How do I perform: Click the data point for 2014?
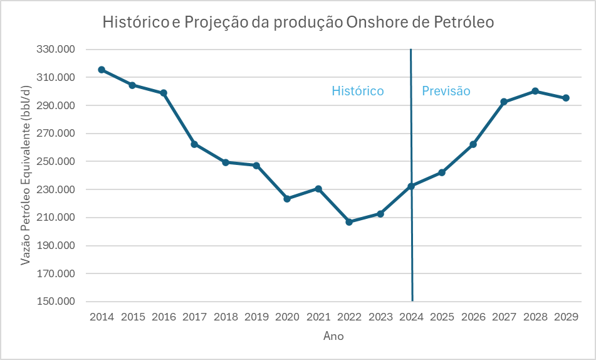102,70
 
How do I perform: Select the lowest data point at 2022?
349,222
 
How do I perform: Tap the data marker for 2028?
535,91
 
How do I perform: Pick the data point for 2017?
194,144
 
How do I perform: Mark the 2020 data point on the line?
287,199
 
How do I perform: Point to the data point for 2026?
473,144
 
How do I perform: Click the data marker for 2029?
566,98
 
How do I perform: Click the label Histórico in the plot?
357,91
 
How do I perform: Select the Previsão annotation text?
446,91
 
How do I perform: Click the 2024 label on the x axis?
411,317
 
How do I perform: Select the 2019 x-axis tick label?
256,317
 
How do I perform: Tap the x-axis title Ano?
333,337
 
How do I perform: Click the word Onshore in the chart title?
374,23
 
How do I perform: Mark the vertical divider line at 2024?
411,251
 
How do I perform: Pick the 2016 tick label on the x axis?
164,317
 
